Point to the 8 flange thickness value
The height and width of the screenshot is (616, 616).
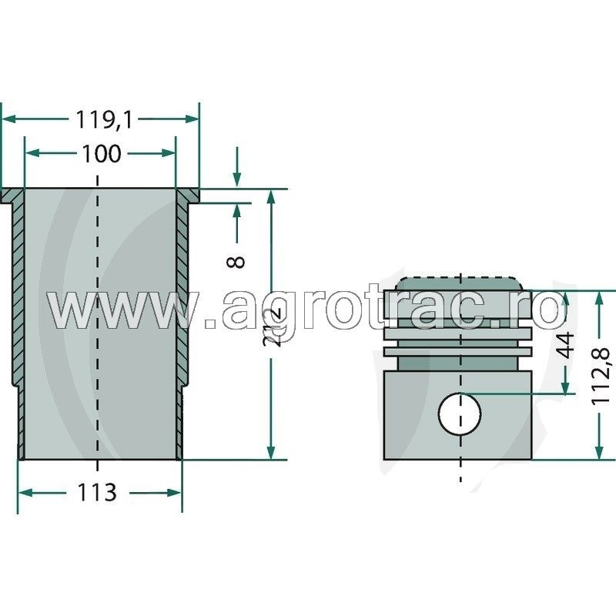pyautogui.click(x=238, y=260)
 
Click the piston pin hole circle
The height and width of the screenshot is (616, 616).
pyautogui.click(x=460, y=414)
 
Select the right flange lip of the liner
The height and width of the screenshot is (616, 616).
pyautogui.click(x=187, y=196)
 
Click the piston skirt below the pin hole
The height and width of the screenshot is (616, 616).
pyautogui.click(x=460, y=447)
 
